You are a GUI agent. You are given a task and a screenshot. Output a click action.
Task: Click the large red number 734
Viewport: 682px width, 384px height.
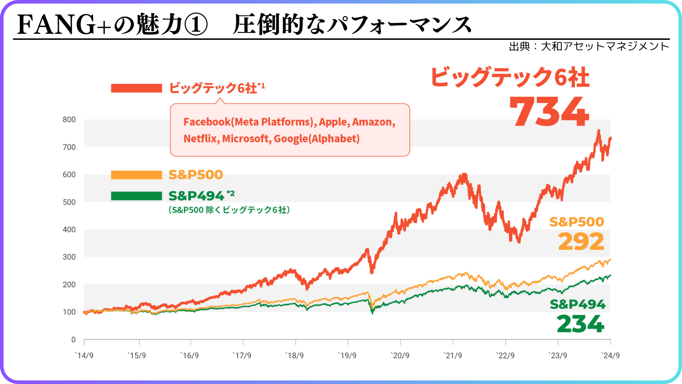click(x=549, y=112)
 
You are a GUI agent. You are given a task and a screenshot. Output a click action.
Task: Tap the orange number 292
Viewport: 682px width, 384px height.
click(x=581, y=241)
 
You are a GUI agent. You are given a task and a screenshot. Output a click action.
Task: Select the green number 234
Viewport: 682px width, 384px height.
click(x=580, y=324)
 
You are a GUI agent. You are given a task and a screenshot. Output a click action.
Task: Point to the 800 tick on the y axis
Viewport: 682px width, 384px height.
click(x=69, y=119)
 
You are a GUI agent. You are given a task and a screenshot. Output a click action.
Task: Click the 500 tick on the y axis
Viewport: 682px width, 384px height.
click(x=69, y=202)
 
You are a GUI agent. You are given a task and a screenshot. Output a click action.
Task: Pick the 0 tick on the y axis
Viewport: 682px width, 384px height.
click(x=73, y=340)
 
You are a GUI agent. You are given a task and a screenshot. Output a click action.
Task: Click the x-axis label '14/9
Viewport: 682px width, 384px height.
click(x=84, y=356)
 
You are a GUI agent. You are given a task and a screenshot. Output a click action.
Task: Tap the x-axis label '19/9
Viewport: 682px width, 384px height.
click(x=347, y=356)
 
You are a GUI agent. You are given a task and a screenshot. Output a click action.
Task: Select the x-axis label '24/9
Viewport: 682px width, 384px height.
click(x=610, y=356)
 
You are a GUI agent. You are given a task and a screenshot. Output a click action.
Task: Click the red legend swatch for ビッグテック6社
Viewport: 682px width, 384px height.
click(x=136, y=88)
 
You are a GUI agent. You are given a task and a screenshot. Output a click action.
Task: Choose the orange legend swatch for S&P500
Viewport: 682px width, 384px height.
click(x=136, y=175)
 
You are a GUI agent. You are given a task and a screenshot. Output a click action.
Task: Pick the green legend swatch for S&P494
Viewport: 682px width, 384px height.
click(x=136, y=196)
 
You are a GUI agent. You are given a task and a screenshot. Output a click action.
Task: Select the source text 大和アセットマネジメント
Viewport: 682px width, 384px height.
click(x=605, y=46)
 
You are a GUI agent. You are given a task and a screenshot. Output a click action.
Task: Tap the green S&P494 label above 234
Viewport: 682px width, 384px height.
click(x=578, y=304)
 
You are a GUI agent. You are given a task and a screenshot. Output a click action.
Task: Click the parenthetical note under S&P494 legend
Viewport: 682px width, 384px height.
click(x=229, y=210)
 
